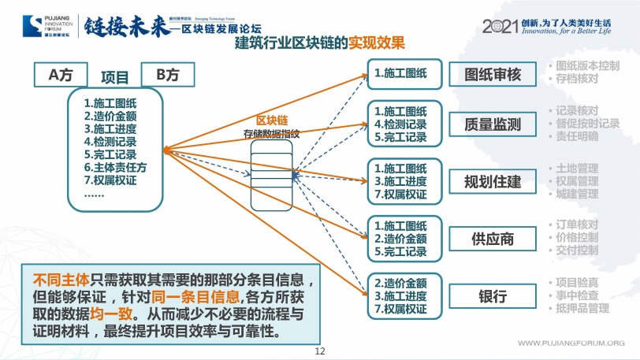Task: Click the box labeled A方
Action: click(61, 75)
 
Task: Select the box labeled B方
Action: click(167, 75)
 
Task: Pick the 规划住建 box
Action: click(493, 181)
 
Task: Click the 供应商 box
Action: click(493, 239)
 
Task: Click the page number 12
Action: click(319, 351)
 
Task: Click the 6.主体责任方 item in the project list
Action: click(115, 167)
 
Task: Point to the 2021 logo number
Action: click(498, 25)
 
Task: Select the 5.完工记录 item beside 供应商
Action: click(400, 252)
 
